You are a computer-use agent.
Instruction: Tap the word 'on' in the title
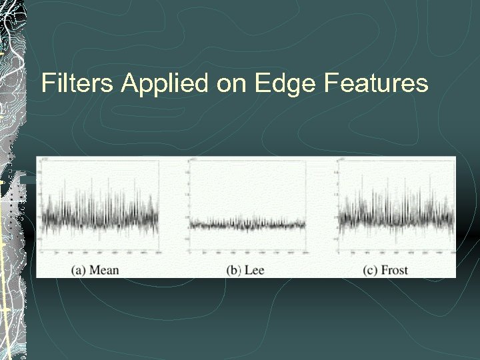coord(229,83)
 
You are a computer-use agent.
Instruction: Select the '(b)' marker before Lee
coord(233,269)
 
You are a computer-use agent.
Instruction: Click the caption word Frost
coord(403,269)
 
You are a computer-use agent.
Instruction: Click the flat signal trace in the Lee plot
coord(247,225)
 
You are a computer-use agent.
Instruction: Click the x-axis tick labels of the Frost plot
coord(397,255)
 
